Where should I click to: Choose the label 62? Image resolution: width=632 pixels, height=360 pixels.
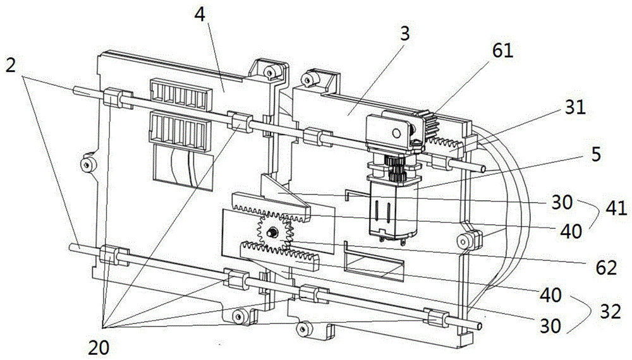coord(605,268)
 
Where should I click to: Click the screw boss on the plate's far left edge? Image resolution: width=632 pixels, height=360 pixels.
coord(86,165)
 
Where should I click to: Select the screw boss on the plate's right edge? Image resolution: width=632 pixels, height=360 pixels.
coord(466,240)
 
